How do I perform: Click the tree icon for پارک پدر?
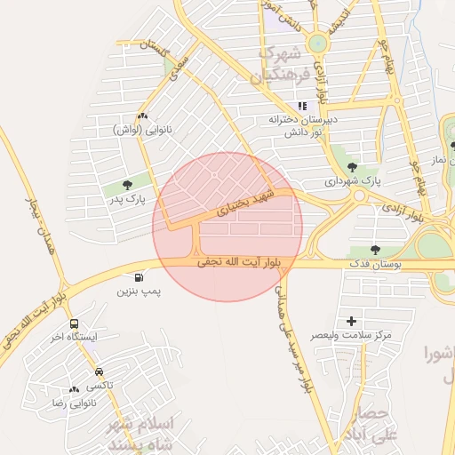(x=128, y=185)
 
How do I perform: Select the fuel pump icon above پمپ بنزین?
(x=140, y=277)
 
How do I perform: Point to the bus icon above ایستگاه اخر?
(x=74, y=323)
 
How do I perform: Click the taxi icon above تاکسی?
(x=98, y=372)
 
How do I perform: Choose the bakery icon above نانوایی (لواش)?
(x=142, y=116)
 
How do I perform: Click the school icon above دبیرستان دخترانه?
(x=302, y=106)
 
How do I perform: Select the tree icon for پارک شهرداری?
(x=353, y=166)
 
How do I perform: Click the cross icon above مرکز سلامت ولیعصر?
(x=351, y=321)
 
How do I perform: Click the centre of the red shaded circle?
(x=227, y=227)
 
